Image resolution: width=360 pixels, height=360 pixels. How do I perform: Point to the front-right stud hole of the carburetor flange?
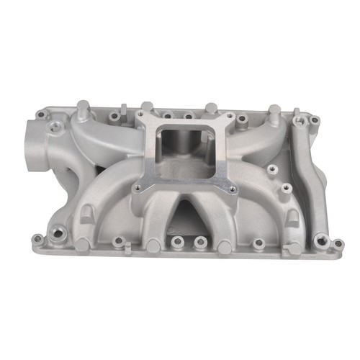[x=232, y=190]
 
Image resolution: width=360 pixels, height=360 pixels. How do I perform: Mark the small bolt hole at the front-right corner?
[x=336, y=246]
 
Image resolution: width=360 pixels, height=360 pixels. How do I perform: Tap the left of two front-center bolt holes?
[x=175, y=241]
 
